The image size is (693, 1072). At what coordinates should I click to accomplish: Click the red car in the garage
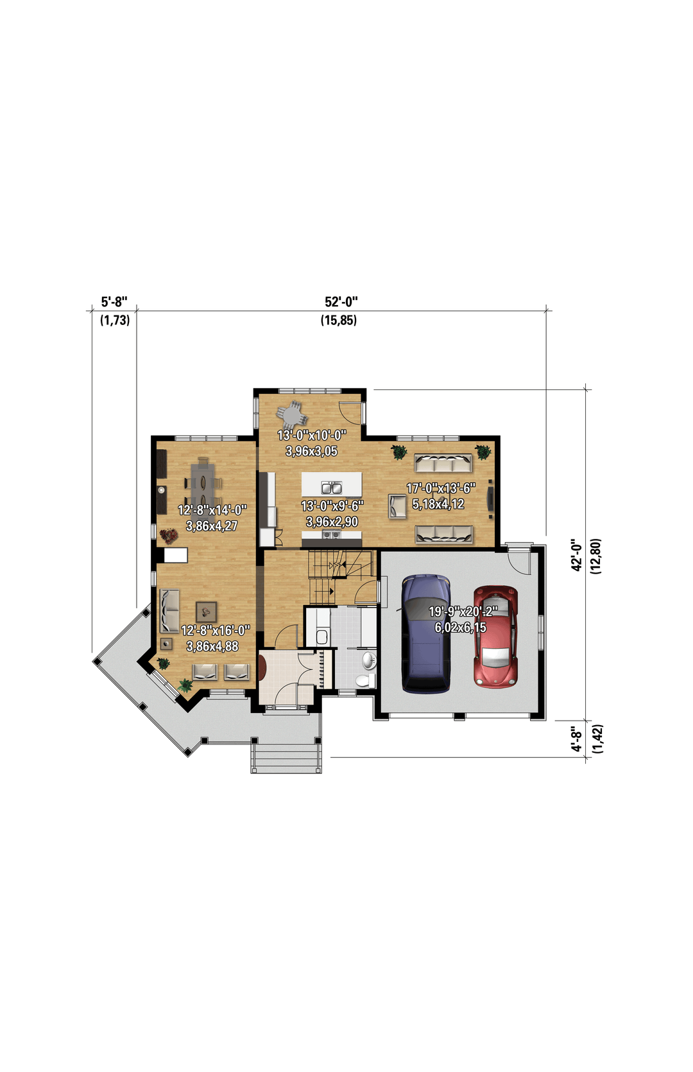(x=495, y=637)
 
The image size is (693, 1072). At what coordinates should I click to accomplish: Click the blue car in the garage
(x=425, y=633)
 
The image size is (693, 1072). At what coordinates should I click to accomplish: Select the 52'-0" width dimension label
(x=341, y=302)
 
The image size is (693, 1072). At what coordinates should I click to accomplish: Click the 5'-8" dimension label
(x=114, y=302)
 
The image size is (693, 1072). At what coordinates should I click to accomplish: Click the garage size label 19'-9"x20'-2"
(x=463, y=611)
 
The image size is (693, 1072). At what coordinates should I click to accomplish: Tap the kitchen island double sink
(x=332, y=488)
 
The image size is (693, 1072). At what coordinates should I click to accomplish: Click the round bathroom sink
(x=369, y=660)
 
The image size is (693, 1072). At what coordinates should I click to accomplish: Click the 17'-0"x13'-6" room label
(x=440, y=488)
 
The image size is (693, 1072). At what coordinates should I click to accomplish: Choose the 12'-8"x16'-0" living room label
(x=215, y=630)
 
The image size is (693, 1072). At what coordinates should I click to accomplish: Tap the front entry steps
(x=286, y=759)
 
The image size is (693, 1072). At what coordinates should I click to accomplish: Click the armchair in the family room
(x=397, y=506)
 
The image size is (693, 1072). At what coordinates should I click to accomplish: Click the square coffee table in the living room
(x=207, y=611)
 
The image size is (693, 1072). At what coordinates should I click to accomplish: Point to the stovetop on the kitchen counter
(x=332, y=534)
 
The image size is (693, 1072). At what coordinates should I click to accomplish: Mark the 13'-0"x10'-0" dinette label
(x=312, y=435)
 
